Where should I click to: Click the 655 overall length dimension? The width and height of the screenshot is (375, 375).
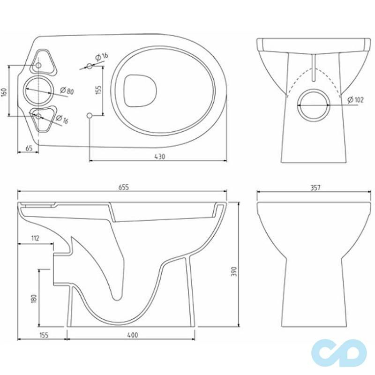(x=123, y=187)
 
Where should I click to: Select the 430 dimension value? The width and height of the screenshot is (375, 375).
(x=159, y=157)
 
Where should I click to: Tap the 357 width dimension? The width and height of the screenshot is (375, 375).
(x=315, y=188)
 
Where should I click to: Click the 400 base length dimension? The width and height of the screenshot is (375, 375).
(x=133, y=335)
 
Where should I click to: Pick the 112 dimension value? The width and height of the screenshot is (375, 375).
(x=35, y=238)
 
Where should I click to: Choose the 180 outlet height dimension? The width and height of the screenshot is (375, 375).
(x=34, y=299)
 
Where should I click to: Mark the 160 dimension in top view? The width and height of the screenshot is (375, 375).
(x=4, y=92)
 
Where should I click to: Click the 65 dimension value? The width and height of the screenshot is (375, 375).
(x=29, y=148)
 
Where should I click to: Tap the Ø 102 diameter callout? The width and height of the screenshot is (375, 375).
(x=355, y=99)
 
